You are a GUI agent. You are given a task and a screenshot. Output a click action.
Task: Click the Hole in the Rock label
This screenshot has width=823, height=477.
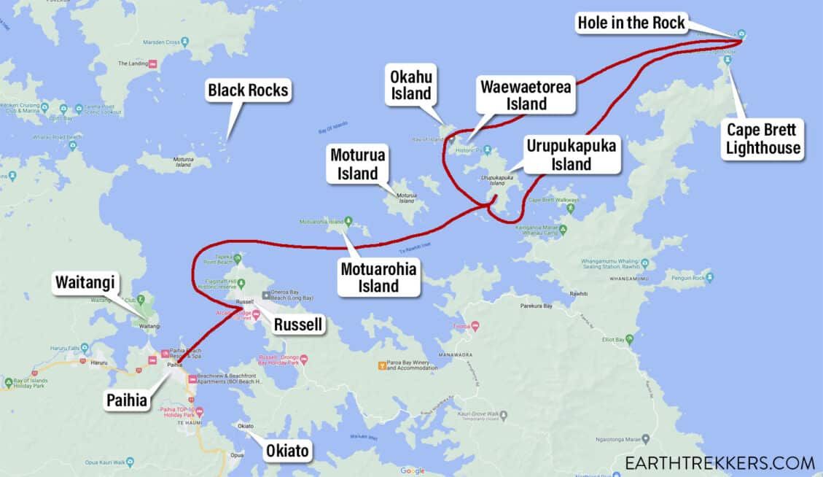click(x=631, y=23)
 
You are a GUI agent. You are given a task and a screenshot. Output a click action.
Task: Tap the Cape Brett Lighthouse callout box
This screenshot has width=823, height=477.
click(x=762, y=139)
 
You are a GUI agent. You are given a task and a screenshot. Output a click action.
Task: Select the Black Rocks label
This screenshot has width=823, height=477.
click(x=248, y=90)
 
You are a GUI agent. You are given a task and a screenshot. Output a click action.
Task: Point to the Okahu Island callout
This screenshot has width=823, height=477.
click(x=411, y=84)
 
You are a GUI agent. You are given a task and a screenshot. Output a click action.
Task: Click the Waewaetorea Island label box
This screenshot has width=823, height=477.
click(x=523, y=95)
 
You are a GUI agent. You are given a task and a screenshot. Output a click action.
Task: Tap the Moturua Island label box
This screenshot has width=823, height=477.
click(x=358, y=164)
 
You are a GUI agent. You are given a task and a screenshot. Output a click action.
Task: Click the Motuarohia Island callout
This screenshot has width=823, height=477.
click(x=379, y=277)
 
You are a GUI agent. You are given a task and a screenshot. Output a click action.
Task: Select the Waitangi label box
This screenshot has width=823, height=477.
click(x=85, y=284)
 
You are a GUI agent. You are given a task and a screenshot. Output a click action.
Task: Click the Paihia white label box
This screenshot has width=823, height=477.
click(x=125, y=400)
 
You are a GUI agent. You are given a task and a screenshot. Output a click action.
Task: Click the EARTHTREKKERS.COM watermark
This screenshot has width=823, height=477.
click(x=719, y=462)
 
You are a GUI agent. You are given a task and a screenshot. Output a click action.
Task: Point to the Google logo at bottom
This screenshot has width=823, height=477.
click(x=412, y=470)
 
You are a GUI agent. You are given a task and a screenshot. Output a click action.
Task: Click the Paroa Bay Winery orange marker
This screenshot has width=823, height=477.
click(x=381, y=364)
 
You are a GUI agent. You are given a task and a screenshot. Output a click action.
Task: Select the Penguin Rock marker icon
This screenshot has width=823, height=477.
click(x=709, y=277)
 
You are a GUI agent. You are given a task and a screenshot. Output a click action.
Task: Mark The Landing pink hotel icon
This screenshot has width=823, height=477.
click(x=153, y=63)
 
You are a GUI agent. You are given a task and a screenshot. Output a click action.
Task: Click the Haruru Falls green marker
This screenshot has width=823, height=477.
click(x=85, y=348)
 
